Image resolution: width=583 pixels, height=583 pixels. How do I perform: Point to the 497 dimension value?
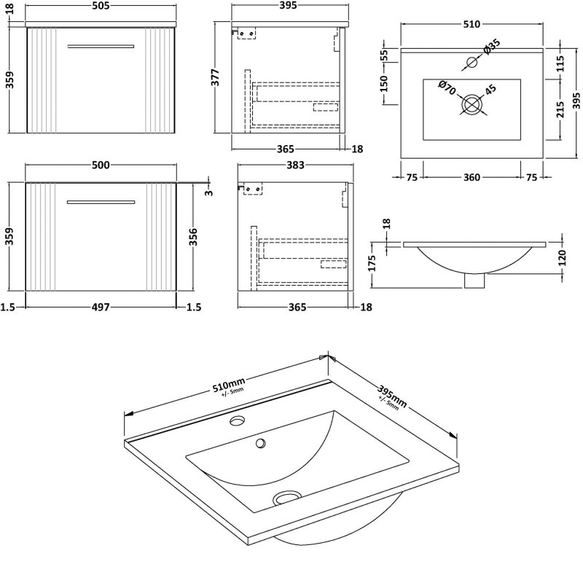tap(101, 308)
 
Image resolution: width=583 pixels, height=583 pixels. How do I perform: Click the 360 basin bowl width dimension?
tap(472, 177)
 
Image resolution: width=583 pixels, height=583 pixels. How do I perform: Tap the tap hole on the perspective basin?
tap(237, 421)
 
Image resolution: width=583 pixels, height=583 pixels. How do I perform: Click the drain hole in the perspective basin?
tap(287, 498)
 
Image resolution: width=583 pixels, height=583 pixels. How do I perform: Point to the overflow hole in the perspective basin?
tap(259, 442)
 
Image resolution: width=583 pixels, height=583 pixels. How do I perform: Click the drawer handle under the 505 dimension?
tap(101, 47)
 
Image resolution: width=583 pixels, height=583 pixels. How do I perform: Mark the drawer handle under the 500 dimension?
tap(101, 201)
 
